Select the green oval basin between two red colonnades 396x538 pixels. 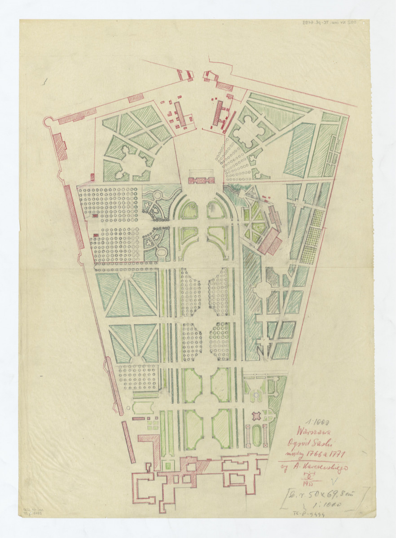pos(256,435)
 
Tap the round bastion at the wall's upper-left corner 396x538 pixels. pos(48,121)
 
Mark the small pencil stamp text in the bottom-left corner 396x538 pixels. pos(30,512)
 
